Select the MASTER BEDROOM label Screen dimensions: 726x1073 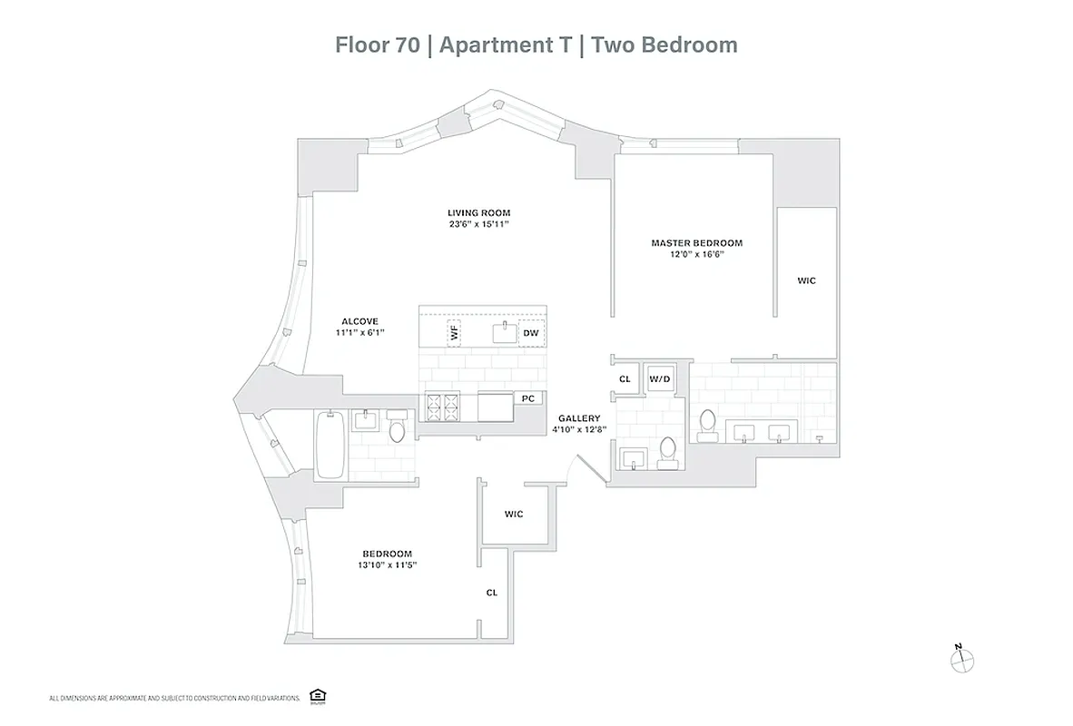tap(696, 243)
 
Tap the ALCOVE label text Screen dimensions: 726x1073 tap(359, 321)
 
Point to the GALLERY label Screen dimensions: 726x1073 tap(579, 418)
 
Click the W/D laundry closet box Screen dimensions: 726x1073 tap(659, 379)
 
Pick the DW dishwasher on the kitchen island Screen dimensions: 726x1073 tap(531, 334)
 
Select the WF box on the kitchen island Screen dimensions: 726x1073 tap(453, 333)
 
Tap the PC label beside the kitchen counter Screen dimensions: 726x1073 tap(527, 398)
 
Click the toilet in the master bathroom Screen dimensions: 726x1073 tap(707, 424)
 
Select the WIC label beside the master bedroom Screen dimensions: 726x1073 tap(806, 281)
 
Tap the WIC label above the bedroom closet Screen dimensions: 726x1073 tap(514, 515)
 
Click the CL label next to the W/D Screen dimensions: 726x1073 tap(625, 379)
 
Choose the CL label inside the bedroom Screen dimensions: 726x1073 tap(491, 593)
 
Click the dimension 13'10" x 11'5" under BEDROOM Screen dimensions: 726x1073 tap(388, 565)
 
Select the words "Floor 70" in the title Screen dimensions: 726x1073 tap(378, 45)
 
